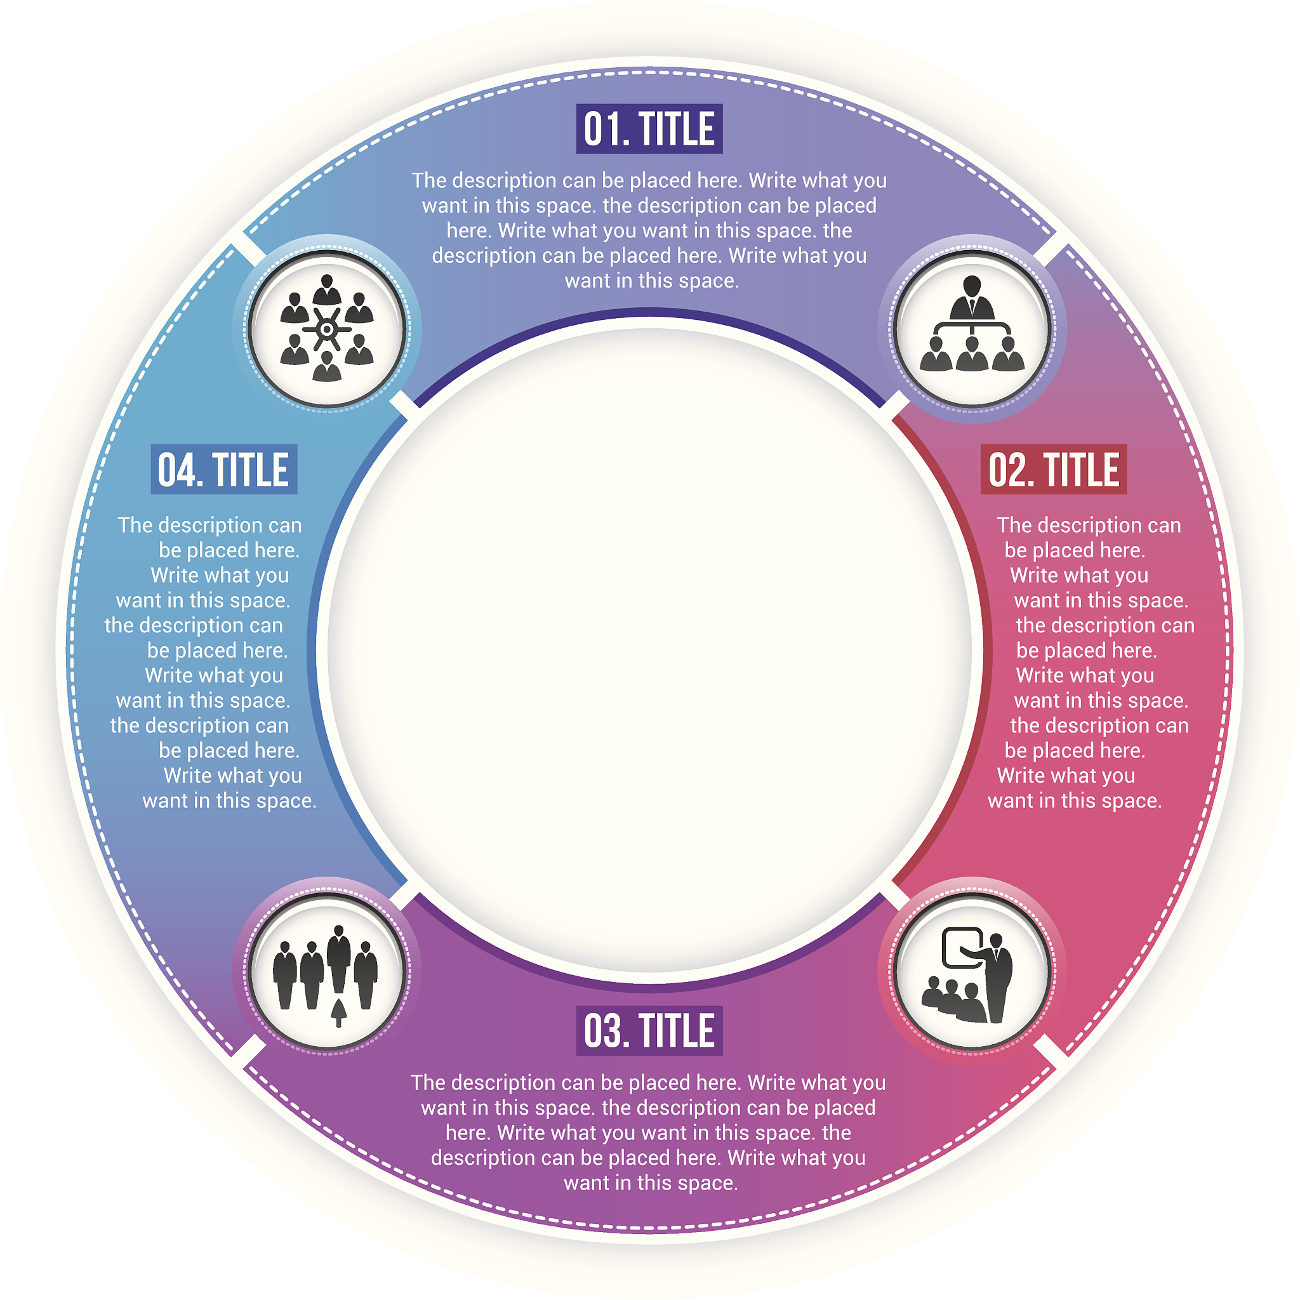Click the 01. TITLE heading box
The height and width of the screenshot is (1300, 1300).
(649, 128)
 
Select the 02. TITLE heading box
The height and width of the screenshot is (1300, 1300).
(1054, 469)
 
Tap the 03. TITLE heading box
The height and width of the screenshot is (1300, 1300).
(649, 1030)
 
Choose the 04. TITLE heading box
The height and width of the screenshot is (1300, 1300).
(224, 469)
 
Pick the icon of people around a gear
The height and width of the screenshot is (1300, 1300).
(327, 328)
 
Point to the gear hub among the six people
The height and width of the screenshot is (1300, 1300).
(327, 329)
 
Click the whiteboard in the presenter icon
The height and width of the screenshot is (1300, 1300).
(963, 948)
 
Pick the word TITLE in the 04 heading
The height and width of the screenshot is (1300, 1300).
(251, 470)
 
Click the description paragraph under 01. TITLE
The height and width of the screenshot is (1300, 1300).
(649, 230)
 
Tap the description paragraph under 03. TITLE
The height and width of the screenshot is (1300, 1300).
(649, 1132)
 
